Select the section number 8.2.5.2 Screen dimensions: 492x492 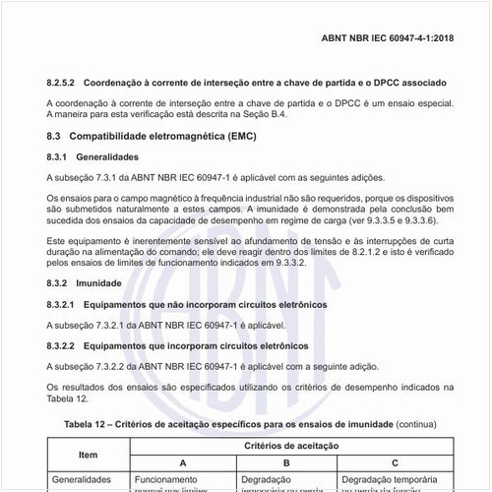(64, 82)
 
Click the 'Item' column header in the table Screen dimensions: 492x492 (89, 455)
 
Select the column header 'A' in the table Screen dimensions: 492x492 (183, 463)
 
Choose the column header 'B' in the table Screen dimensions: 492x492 (285, 463)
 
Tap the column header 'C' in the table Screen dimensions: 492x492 (395, 463)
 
